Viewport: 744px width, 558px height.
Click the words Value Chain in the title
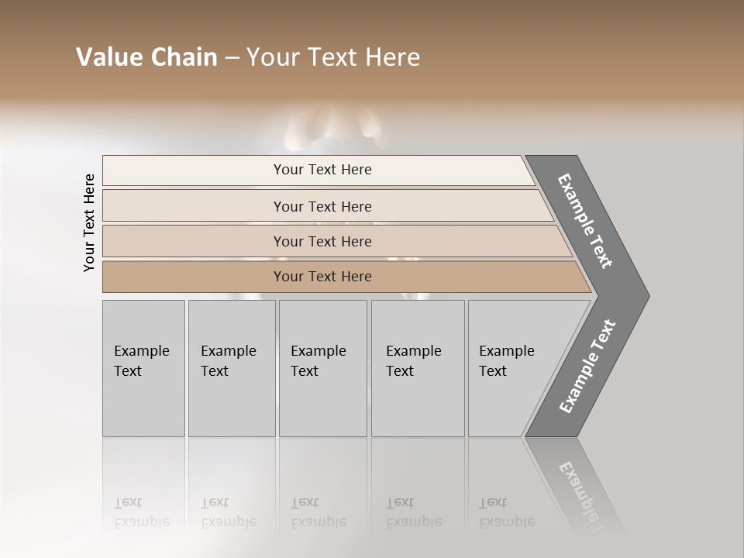click(146, 57)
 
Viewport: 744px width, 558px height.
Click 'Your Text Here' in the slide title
click(333, 57)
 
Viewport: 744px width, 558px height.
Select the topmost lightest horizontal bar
click(194, 170)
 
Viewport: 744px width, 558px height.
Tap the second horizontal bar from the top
click(194, 206)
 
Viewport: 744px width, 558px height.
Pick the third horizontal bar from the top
click(194, 241)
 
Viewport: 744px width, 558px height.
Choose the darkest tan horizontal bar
click(194, 277)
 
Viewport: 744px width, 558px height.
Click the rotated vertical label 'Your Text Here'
click(89, 222)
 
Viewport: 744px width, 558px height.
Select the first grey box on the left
click(143, 403)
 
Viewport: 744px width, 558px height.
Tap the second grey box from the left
click(232, 403)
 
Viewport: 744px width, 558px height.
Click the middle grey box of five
click(322, 403)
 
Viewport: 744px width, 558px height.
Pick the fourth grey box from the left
click(418, 403)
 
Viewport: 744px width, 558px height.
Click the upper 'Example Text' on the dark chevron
click(586, 221)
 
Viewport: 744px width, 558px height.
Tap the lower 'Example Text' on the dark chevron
click(587, 367)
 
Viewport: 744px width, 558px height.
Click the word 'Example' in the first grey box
click(141, 351)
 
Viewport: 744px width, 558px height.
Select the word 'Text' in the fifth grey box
click(492, 371)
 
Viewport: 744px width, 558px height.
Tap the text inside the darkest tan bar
click(322, 277)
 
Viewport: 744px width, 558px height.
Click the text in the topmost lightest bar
click(322, 170)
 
